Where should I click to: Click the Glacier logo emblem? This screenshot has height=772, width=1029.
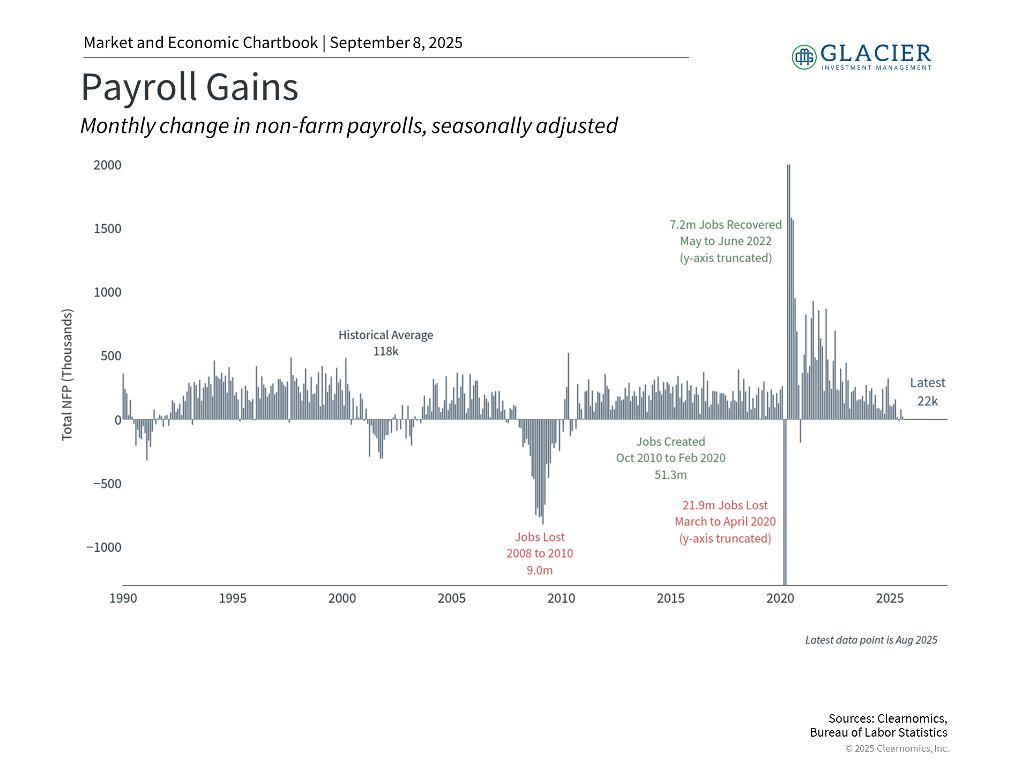click(804, 57)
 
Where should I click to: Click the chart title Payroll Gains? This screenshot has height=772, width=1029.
click(190, 87)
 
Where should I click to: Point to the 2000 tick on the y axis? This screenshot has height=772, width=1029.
click(107, 165)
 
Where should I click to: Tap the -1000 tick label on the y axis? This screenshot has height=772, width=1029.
click(104, 547)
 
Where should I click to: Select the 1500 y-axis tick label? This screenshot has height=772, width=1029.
click(107, 229)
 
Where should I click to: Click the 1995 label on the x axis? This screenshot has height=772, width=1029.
click(233, 598)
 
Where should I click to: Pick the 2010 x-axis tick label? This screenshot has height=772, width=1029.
click(561, 598)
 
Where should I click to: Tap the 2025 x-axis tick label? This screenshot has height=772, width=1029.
click(890, 598)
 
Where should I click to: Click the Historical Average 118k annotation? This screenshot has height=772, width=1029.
click(386, 343)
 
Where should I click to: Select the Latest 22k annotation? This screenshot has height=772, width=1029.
click(928, 392)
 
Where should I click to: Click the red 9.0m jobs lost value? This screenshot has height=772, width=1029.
click(540, 570)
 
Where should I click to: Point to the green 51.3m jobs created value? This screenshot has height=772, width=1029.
click(670, 475)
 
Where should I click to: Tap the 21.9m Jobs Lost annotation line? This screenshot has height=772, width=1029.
click(725, 506)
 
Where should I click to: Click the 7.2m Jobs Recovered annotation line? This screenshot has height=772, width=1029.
click(726, 225)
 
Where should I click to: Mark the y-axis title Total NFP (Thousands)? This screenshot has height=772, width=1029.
click(67, 375)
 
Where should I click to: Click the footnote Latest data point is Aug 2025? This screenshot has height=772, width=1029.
click(871, 640)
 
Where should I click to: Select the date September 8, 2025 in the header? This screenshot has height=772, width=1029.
click(396, 43)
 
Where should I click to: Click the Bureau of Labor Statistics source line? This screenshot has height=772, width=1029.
click(878, 733)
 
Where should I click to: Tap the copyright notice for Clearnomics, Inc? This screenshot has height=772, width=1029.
click(897, 748)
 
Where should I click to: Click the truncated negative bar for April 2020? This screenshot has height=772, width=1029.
click(785, 502)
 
